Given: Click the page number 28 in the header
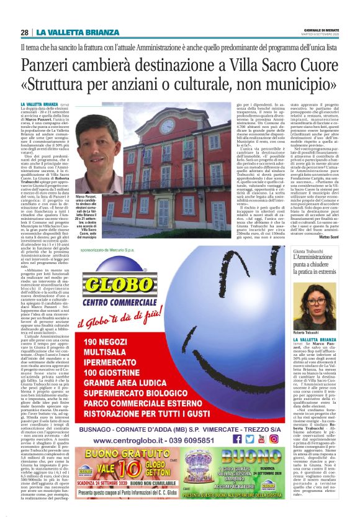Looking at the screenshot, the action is [x=24, y=32].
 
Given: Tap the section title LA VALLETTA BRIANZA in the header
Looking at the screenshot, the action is [x=77, y=32].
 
